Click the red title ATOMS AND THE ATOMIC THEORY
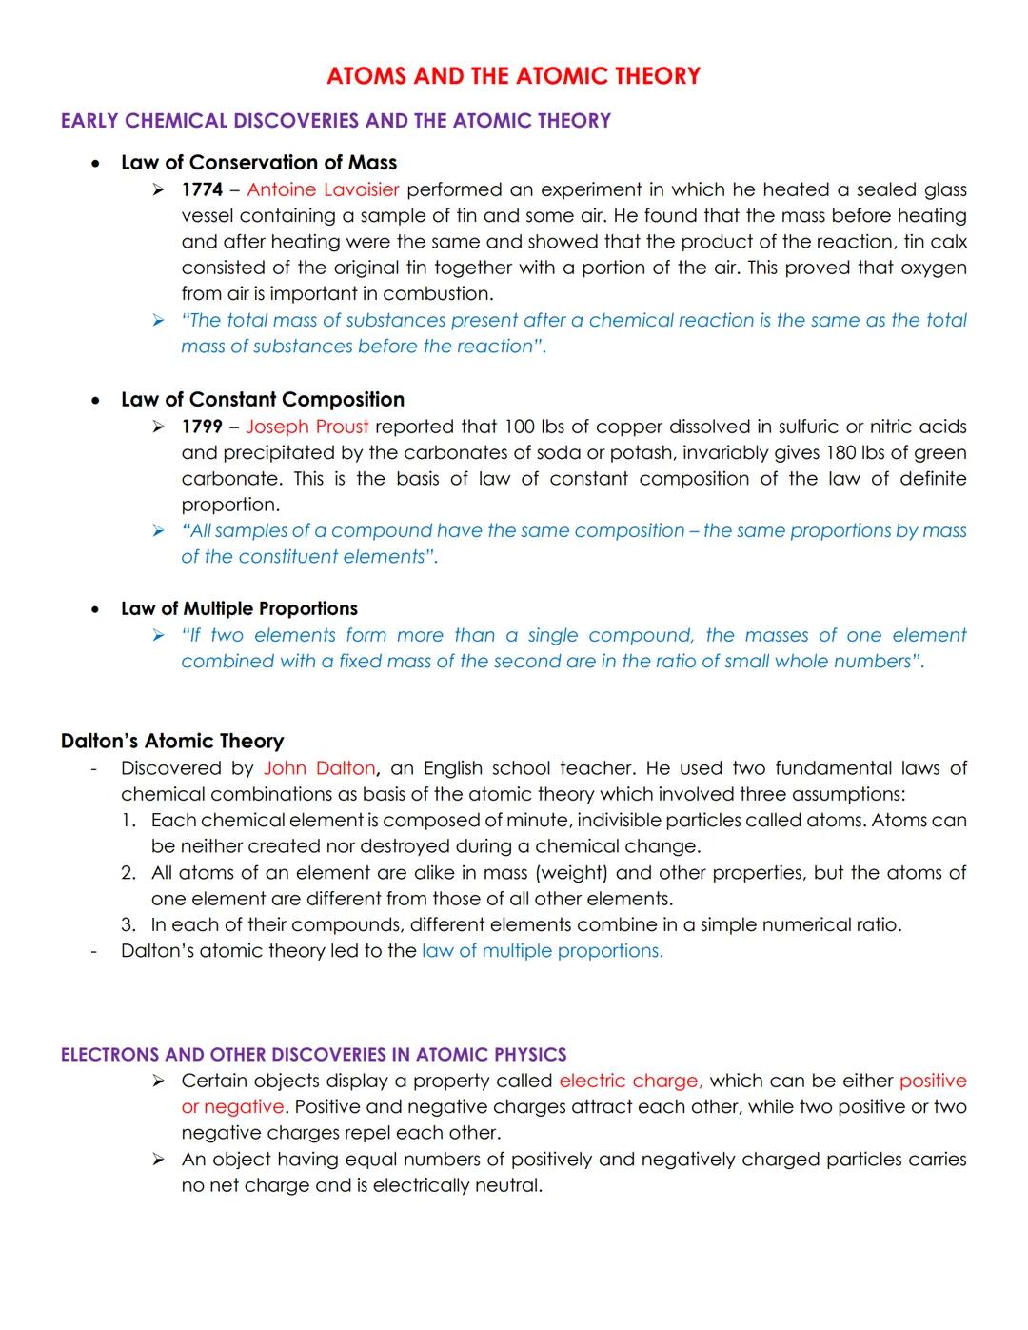pyautogui.click(x=513, y=76)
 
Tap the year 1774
pyautogui.click(x=202, y=189)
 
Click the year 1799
pyautogui.click(x=202, y=427)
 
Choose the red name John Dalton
pyautogui.click(x=320, y=768)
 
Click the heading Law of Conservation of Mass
pyautogui.click(x=259, y=163)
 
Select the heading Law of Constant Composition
pyautogui.click(x=263, y=400)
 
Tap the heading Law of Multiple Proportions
pyautogui.click(x=239, y=608)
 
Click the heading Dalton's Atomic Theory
pyautogui.click(x=172, y=741)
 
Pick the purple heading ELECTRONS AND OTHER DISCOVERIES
pyautogui.click(x=313, y=1054)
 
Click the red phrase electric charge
pyautogui.click(x=630, y=1081)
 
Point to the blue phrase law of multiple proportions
pyautogui.click(x=543, y=950)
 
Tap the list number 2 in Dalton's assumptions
pyautogui.click(x=128, y=873)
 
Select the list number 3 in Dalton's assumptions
pyautogui.click(x=128, y=924)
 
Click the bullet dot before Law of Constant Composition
pyautogui.click(x=95, y=401)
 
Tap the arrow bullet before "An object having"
pyautogui.click(x=159, y=1160)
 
